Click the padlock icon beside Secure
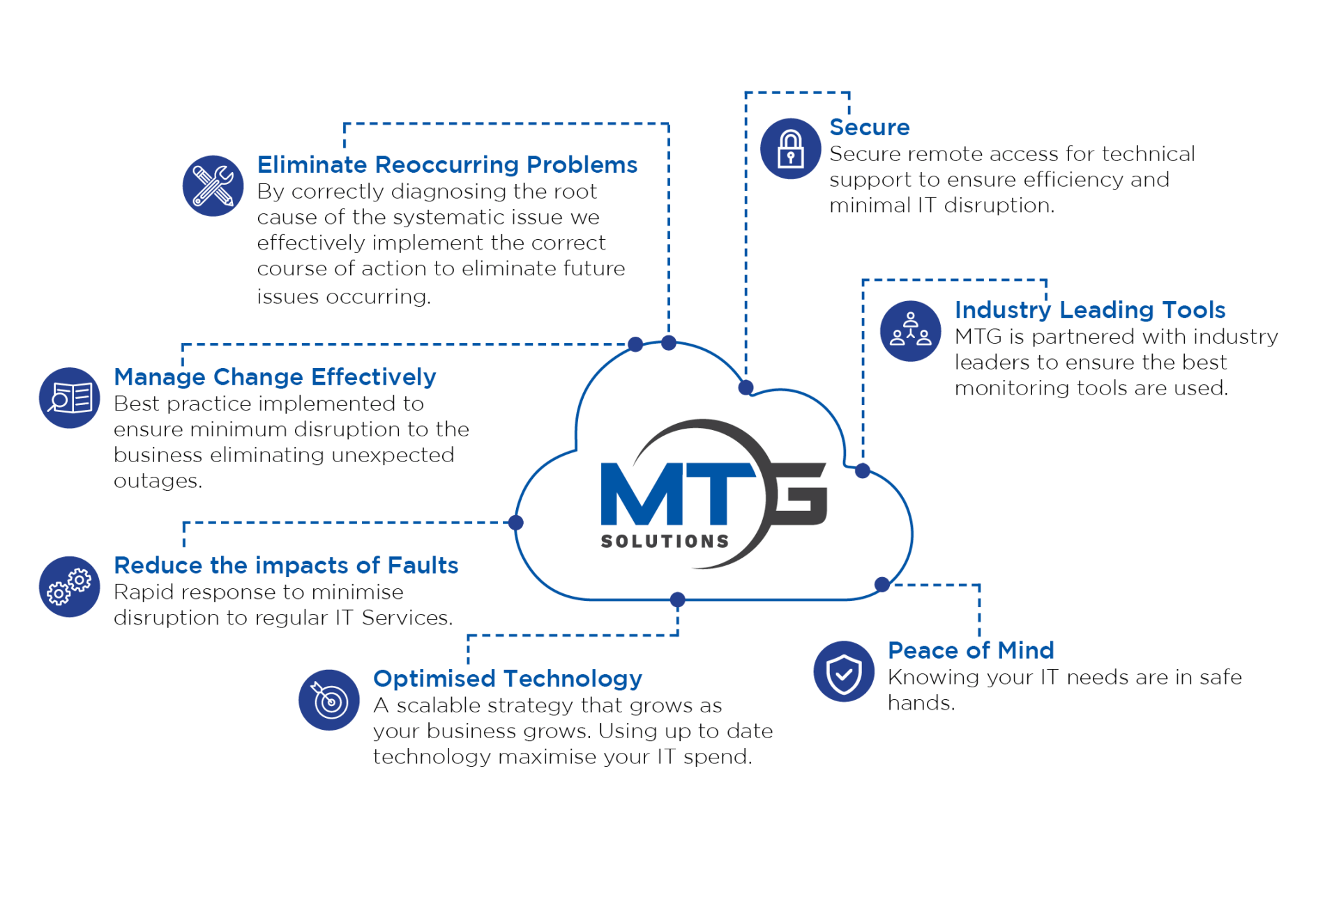pyautogui.click(x=790, y=148)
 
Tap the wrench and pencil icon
pyautogui.click(x=213, y=185)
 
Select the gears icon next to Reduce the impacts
pyautogui.click(x=70, y=586)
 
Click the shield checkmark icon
pyautogui.click(x=844, y=671)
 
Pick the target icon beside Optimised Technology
pyautogui.click(x=329, y=700)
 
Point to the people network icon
pyautogui.click(x=910, y=330)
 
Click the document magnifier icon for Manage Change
pyautogui.click(x=70, y=398)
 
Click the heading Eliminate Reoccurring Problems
pyautogui.click(x=447, y=165)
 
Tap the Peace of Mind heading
pyautogui.click(x=971, y=650)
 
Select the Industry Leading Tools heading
pyautogui.click(x=1090, y=310)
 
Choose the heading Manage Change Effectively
pyautogui.click(x=275, y=377)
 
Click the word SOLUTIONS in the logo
pyautogui.click(x=665, y=542)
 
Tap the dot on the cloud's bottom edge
pyautogui.click(x=677, y=599)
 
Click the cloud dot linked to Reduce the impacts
pyautogui.click(x=516, y=523)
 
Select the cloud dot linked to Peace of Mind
pyautogui.click(x=882, y=584)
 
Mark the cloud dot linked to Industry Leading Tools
pyautogui.click(x=863, y=471)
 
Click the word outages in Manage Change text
pyautogui.click(x=158, y=482)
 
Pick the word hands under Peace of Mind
pyautogui.click(x=921, y=703)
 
